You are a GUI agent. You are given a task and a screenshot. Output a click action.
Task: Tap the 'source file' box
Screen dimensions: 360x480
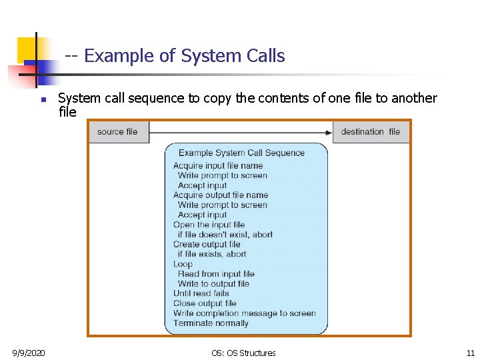coord(117,132)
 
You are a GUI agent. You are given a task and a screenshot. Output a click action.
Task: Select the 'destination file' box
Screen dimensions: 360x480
coord(370,132)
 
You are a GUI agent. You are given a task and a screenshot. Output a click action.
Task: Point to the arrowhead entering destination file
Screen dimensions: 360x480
coord(329,133)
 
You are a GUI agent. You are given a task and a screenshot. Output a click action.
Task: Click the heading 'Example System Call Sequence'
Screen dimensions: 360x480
coord(241,153)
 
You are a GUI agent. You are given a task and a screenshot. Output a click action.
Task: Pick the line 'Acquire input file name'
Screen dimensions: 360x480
coord(218,165)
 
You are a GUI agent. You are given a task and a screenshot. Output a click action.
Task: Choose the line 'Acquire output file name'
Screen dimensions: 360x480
coord(221,195)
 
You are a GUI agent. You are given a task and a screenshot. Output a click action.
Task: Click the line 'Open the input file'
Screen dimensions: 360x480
coord(209,225)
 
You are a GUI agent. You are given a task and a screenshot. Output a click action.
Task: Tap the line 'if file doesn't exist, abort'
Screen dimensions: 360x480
coord(225,235)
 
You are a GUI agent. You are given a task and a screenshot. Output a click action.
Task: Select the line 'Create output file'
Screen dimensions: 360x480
coord(207,244)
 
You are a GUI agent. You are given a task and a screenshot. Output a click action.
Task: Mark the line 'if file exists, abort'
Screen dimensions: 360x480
coord(211,254)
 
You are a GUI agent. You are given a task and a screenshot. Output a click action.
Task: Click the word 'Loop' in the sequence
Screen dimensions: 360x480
coord(183,264)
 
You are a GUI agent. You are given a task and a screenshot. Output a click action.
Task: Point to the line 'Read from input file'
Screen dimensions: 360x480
coord(216,273)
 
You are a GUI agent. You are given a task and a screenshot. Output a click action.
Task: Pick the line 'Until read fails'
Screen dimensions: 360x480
coord(201,293)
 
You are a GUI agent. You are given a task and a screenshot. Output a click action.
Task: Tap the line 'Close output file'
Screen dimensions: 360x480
coord(205,303)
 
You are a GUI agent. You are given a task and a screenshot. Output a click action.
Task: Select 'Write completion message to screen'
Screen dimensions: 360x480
coord(244,313)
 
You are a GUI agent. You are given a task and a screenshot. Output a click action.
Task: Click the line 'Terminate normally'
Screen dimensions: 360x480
coord(211,323)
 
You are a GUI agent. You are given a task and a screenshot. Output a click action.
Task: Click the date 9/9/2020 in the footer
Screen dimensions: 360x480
coord(29,353)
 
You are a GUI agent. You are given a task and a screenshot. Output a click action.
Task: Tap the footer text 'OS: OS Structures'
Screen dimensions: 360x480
coord(243,353)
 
